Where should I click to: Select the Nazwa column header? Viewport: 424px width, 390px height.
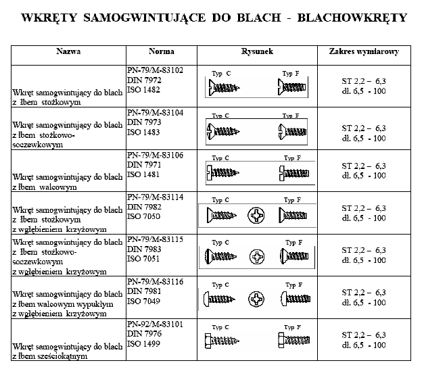tap(68, 52)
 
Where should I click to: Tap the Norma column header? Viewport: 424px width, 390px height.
tap(161, 52)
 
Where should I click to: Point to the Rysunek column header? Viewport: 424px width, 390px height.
tap(256, 52)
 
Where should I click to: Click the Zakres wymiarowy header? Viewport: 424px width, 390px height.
tap(364, 52)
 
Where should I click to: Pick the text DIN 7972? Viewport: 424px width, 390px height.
tap(145, 79)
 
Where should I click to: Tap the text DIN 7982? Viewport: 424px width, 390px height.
tap(145, 206)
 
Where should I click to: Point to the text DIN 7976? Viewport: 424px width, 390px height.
tap(145, 333)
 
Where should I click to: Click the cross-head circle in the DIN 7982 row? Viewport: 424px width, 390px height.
tap(257, 216)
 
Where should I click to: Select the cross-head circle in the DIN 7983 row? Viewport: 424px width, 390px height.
tap(257, 257)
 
